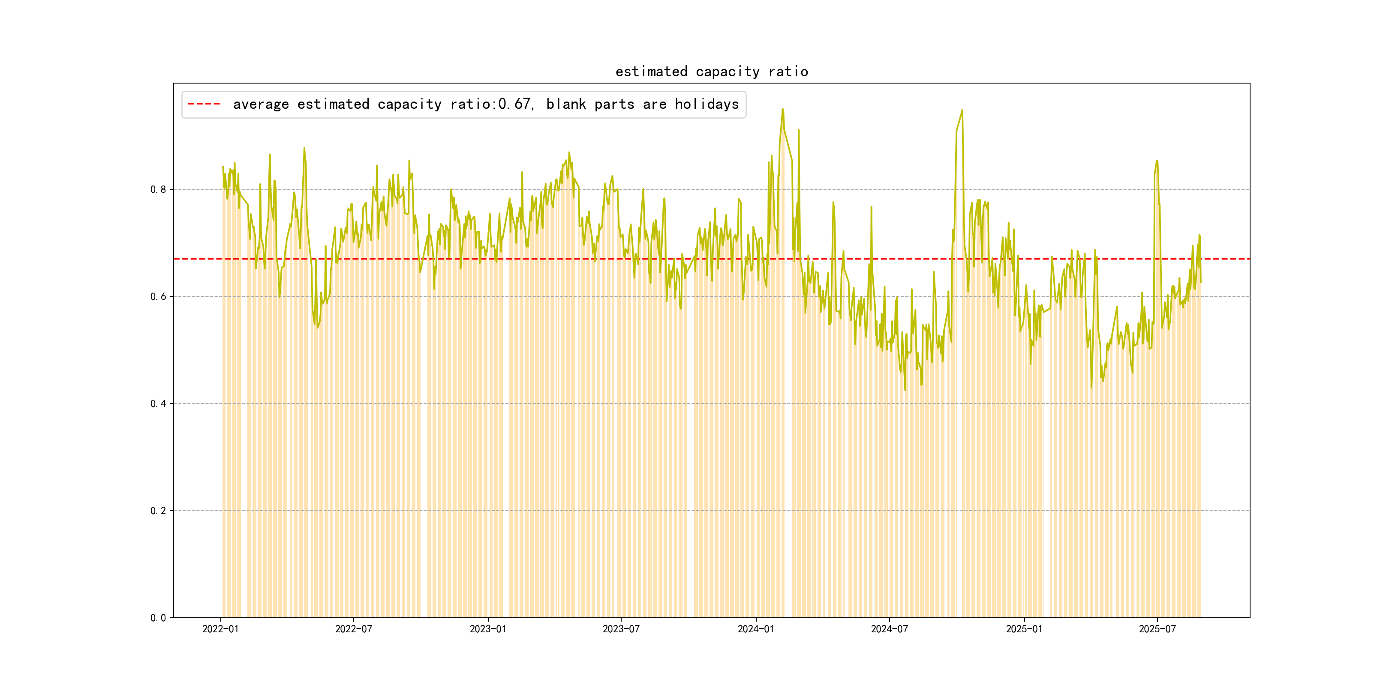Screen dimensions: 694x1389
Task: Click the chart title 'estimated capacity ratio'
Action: (x=711, y=72)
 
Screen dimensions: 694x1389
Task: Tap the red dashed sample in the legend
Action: (x=204, y=104)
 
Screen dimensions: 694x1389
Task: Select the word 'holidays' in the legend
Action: (x=707, y=104)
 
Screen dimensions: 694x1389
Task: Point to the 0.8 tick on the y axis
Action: (x=158, y=190)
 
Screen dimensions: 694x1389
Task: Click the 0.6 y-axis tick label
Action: (x=158, y=297)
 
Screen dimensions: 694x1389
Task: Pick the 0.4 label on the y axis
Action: (x=158, y=404)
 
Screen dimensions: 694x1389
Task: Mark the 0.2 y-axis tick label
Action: (x=158, y=511)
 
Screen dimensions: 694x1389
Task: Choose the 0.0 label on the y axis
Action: (x=158, y=618)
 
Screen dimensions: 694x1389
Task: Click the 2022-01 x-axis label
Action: (x=220, y=629)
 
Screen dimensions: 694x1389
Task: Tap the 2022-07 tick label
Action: (x=353, y=629)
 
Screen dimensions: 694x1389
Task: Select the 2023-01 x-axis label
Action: (x=488, y=629)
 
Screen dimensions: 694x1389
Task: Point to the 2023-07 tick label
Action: (x=621, y=629)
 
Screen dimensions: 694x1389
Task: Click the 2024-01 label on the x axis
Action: (x=755, y=629)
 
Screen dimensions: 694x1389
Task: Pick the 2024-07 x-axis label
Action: (x=889, y=629)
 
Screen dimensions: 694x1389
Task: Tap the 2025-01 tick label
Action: (x=1024, y=629)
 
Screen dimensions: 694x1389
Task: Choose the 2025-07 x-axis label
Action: (x=1157, y=629)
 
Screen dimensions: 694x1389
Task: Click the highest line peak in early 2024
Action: (x=782, y=109)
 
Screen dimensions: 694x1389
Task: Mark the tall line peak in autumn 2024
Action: (x=962, y=111)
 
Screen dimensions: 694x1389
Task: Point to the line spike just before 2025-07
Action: (x=1157, y=161)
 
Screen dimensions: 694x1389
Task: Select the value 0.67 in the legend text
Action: (x=514, y=104)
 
